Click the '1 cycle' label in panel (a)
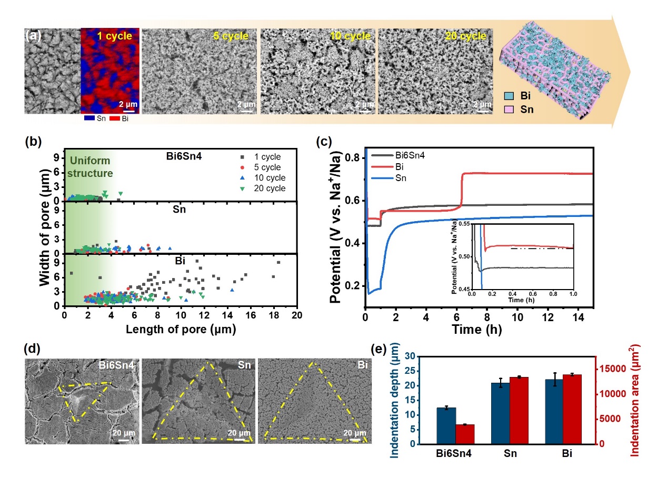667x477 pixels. pos(114,37)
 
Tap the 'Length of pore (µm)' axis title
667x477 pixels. pos(181,330)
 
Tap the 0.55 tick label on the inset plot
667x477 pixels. pos(463,224)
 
